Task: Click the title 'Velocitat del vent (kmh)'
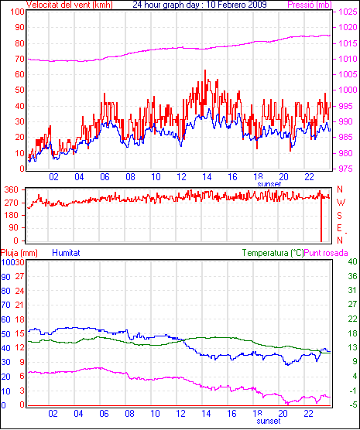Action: point(70,5)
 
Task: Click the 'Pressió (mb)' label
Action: point(310,5)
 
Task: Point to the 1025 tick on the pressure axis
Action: point(348,12)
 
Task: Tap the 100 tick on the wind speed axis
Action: point(17,12)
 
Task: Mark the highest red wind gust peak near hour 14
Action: point(205,70)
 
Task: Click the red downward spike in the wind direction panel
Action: point(321,220)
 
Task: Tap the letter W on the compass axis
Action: point(341,203)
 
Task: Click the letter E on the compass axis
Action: point(339,228)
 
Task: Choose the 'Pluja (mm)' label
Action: point(19,253)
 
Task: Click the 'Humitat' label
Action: point(66,253)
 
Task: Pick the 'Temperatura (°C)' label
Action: point(273,253)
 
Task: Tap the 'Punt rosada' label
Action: point(326,253)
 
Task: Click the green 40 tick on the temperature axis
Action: point(352,261)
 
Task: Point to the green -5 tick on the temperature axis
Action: point(353,404)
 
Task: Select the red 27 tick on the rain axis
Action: point(20,276)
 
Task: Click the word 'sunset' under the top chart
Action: point(269,184)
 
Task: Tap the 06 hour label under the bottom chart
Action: point(104,413)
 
